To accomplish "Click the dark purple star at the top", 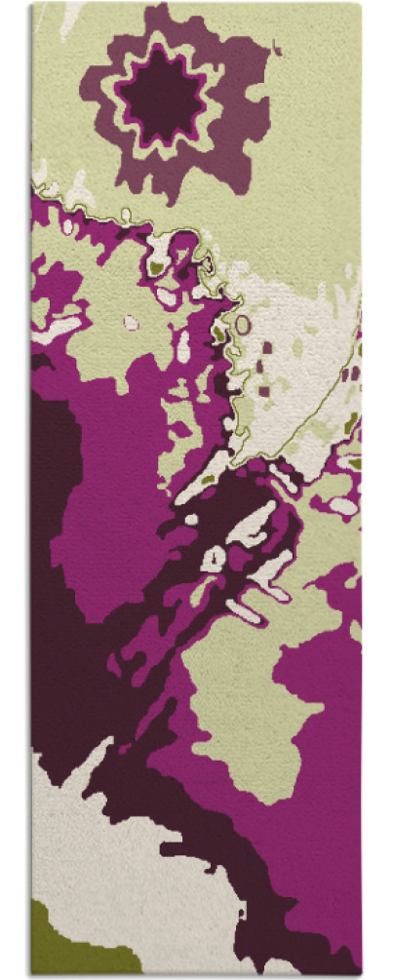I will pyautogui.click(x=162, y=96).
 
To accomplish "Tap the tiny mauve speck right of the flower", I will pyautogui.click(x=278, y=46).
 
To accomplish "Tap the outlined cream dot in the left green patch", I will pyautogui.click(x=131, y=322).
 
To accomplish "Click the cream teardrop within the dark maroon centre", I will pyautogui.click(x=214, y=559).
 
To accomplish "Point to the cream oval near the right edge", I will pyautogui.click(x=343, y=506).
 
